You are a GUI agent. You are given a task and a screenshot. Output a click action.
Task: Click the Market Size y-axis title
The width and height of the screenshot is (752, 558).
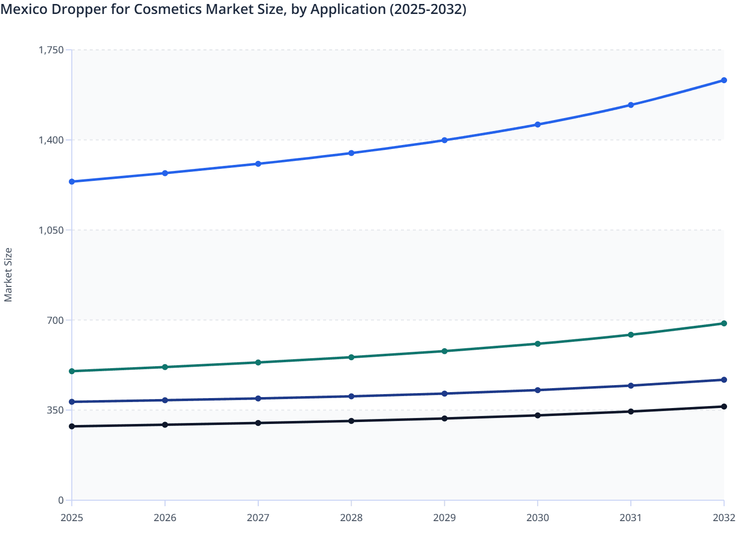tap(8, 275)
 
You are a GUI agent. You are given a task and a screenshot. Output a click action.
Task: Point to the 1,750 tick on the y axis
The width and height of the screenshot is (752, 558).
tap(51, 50)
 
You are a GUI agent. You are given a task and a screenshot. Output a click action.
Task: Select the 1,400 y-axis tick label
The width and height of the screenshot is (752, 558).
tap(51, 140)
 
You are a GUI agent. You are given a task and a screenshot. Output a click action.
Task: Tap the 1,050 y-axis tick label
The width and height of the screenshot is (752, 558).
tap(51, 230)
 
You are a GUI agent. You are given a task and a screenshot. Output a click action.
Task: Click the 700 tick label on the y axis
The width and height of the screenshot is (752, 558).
tap(55, 320)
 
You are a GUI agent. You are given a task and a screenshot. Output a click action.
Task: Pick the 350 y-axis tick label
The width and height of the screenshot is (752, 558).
tap(55, 410)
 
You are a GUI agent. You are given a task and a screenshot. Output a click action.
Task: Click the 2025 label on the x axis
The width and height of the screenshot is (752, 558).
tap(72, 518)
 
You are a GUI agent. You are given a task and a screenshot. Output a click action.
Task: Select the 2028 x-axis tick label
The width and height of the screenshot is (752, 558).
tap(351, 518)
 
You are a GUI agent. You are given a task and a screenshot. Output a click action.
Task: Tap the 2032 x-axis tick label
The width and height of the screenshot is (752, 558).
tap(724, 518)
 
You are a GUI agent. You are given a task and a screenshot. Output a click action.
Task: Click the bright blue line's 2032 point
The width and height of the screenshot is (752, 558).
tap(724, 80)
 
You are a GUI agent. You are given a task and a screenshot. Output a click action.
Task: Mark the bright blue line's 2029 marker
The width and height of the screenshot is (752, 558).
tap(444, 140)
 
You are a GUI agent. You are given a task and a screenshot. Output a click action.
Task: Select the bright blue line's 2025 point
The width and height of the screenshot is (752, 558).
tap(72, 181)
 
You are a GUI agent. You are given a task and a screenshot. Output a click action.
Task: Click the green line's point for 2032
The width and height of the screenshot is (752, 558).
tap(724, 323)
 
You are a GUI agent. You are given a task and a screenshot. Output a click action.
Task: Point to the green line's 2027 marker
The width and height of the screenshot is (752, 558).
tap(258, 362)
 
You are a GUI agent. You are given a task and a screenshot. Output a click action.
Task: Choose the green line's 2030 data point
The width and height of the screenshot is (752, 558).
tap(538, 344)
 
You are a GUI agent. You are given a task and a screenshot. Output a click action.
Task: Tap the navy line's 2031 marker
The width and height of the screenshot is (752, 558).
tap(631, 386)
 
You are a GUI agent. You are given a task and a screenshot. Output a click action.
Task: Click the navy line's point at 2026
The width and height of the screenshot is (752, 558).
tap(165, 400)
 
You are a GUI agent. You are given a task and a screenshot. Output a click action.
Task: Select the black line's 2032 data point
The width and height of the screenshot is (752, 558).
tap(724, 407)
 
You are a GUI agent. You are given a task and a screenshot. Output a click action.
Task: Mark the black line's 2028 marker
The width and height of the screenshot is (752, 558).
tap(351, 421)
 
